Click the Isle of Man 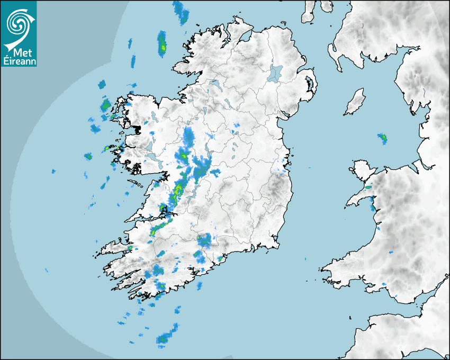tap(355, 102)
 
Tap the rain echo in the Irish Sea tap(382, 139)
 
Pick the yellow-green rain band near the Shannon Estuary tap(159, 229)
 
